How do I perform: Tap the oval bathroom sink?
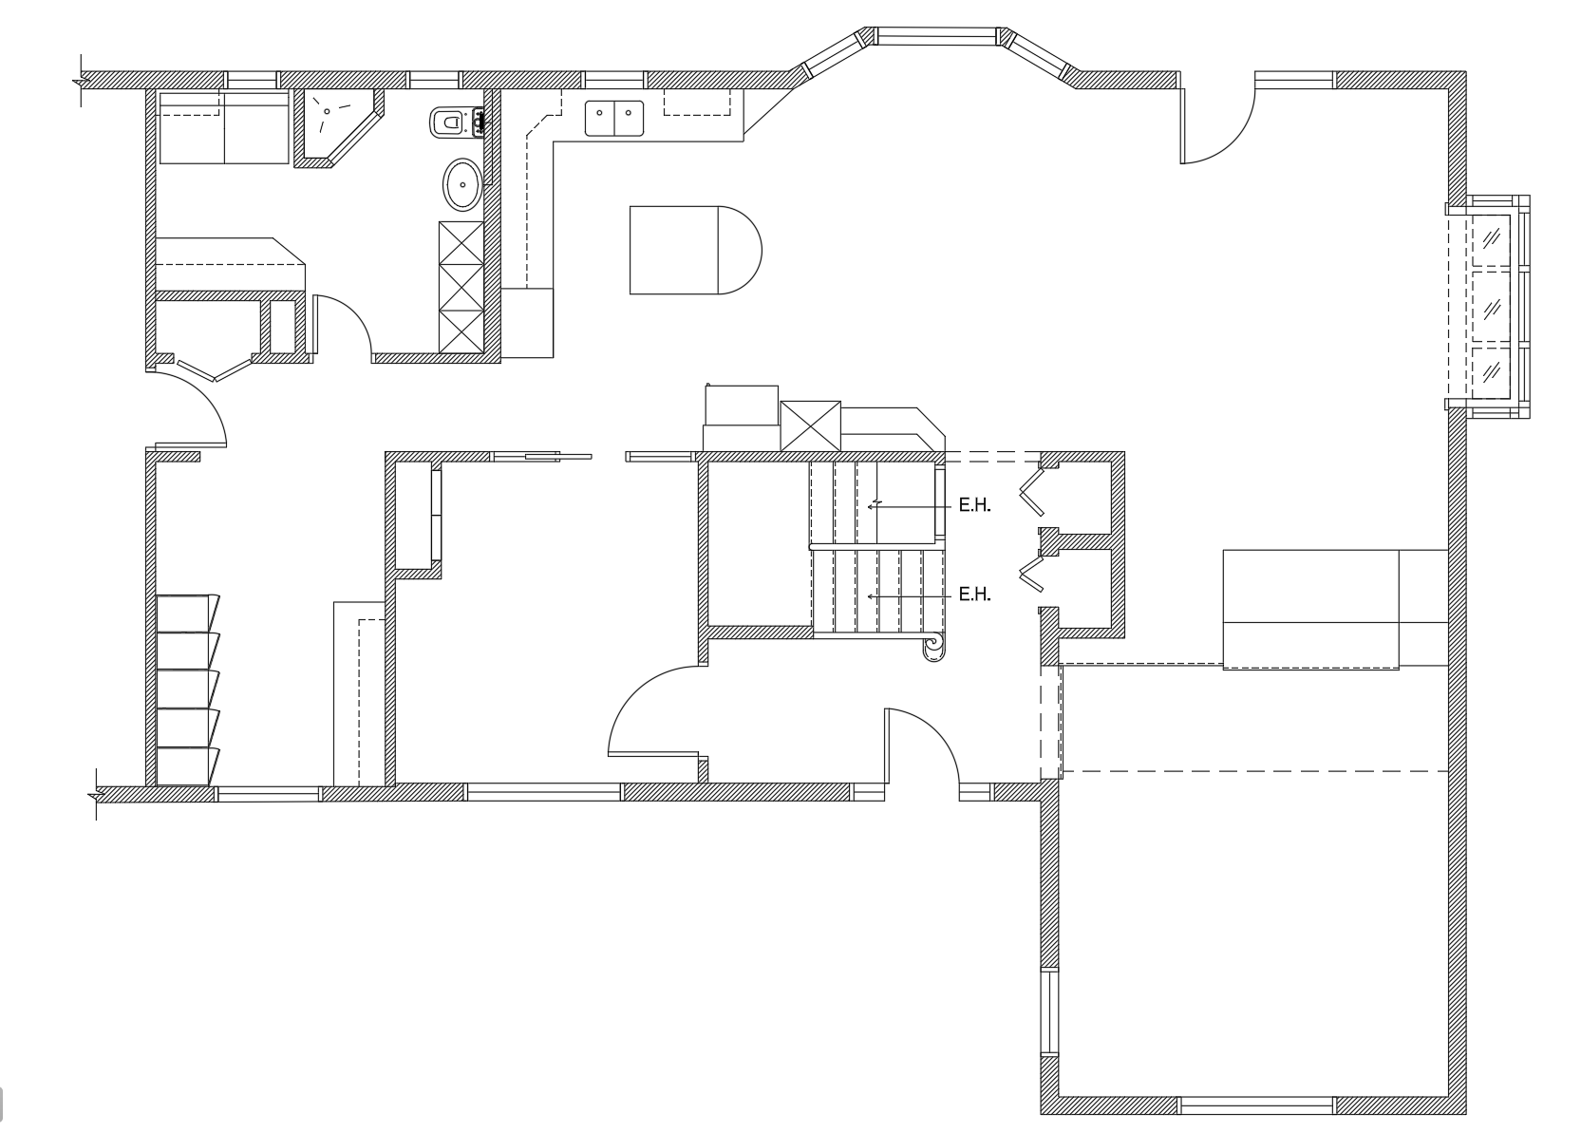pyautogui.click(x=462, y=184)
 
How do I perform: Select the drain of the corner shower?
pyautogui.click(x=327, y=111)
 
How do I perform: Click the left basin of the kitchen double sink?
pyautogui.click(x=600, y=118)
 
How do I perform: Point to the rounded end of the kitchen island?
pyautogui.click(x=741, y=250)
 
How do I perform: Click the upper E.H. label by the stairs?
pyautogui.click(x=975, y=505)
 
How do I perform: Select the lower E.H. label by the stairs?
pyautogui.click(x=975, y=595)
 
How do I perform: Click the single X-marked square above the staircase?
pyautogui.click(x=810, y=425)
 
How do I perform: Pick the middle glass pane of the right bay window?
pyautogui.click(x=1491, y=308)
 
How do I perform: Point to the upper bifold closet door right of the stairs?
pyautogui.click(x=1030, y=492)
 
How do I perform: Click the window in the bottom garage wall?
pyautogui.click(x=1256, y=1105)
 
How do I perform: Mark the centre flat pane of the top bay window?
pyautogui.click(x=936, y=36)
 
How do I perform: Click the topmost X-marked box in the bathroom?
pyautogui.click(x=461, y=243)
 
